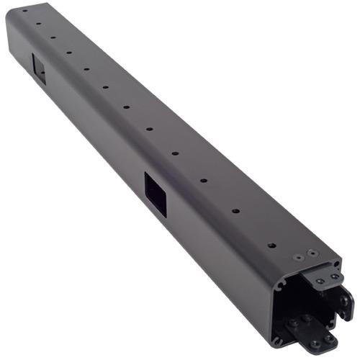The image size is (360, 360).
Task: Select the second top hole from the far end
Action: tap(38, 22)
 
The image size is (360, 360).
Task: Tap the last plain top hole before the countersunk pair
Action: tap(271, 246)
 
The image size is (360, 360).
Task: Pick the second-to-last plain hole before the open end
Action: tap(235, 212)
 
